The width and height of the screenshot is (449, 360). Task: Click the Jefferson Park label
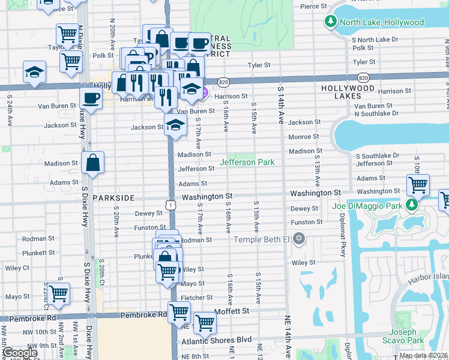(x=247, y=162)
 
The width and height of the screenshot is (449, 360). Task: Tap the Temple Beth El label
(x=261, y=240)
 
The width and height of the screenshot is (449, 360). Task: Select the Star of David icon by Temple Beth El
(x=299, y=239)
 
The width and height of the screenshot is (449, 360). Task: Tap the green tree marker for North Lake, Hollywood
(x=330, y=22)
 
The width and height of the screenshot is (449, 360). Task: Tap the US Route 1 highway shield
(x=172, y=205)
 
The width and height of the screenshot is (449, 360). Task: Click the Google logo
(x=20, y=353)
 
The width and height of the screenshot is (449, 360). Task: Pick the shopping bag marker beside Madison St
(x=94, y=163)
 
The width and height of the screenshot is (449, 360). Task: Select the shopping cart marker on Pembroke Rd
(x=179, y=312)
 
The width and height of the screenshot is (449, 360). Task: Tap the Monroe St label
(x=300, y=137)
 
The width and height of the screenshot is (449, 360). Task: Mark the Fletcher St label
(x=197, y=298)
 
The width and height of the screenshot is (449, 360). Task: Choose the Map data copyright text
(x=423, y=355)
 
